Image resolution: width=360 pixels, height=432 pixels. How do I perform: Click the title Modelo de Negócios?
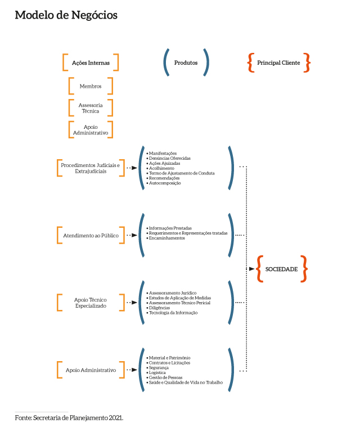tap(66, 16)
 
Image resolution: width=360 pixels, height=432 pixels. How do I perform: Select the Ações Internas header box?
tap(91, 63)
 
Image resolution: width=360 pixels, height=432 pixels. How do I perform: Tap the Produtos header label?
tap(186, 63)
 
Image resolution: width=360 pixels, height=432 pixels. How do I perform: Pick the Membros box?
tap(91, 86)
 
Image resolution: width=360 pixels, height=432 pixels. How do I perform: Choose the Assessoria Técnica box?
tap(91, 108)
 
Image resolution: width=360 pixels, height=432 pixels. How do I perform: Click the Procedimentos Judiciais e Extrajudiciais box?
tap(91, 168)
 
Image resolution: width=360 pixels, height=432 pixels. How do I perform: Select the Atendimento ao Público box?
tap(91, 235)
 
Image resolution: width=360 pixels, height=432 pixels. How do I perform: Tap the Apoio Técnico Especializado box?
tap(91, 303)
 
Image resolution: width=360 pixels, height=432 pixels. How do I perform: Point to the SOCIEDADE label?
tap(281, 269)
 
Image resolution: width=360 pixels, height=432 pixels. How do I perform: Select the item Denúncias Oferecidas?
tap(169, 158)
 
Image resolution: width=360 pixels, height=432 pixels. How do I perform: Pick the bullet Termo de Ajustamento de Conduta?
tap(182, 173)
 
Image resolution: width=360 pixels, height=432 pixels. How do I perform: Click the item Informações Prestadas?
tap(170, 228)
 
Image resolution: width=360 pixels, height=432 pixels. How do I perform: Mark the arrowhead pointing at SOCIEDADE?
tap(251, 269)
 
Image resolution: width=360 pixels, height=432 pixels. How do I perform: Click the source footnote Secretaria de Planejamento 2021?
tap(69, 418)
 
